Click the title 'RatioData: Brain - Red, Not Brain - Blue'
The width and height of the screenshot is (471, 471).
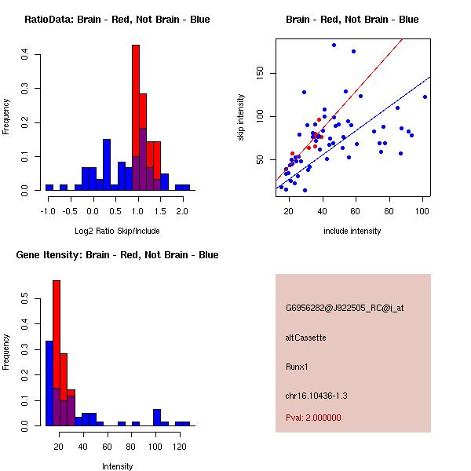point(117,20)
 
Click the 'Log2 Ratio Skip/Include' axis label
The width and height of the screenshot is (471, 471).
point(115,231)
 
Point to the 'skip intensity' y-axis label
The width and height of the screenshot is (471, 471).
point(241,117)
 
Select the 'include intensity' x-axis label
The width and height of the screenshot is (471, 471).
point(352,231)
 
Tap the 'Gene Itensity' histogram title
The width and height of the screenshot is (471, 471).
point(117,255)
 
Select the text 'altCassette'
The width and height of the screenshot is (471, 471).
point(305,338)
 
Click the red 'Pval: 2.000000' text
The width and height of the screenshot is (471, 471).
point(313,418)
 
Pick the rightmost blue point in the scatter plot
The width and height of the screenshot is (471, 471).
point(425,97)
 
